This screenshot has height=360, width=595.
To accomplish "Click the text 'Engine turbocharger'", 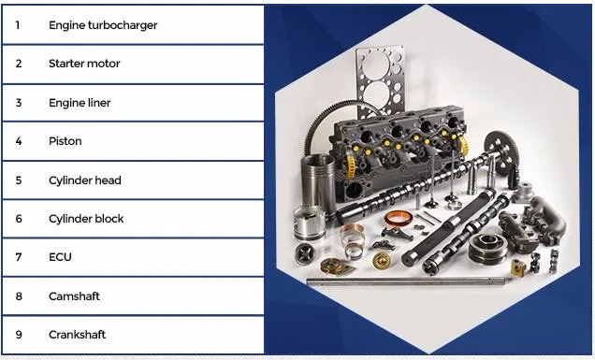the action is [x=103, y=25].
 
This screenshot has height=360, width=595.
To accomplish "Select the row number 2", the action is [x=19, y=64].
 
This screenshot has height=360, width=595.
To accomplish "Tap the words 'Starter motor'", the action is [x=84, y=64].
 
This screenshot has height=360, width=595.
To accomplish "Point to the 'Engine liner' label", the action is [x=80, y=103].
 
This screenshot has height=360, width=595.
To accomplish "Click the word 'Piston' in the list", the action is [x=65, y=141].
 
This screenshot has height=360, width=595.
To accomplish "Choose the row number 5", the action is [x=19, y=180].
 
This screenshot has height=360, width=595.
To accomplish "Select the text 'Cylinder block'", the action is [x=86, y=219].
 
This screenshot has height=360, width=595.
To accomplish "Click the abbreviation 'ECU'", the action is [x=60, y=257].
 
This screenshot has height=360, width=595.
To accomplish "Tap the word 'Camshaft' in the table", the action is [x=75, y=295].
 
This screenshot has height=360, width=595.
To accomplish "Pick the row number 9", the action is [x=19, y=335].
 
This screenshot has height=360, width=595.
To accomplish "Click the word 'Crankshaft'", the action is [x=78, y=335].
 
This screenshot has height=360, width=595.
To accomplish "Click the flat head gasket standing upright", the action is [x=380, y=79].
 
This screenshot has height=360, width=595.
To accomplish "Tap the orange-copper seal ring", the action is [x=399, y=219].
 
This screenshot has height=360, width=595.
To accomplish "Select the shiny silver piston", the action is [x=310, y=223].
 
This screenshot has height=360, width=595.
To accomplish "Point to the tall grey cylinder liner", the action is [x=318, y=182].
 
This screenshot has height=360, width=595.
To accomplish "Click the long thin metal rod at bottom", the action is [x=406, y=281].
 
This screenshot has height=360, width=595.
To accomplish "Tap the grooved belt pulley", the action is [x=487, y=248].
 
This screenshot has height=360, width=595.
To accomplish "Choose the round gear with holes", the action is [x=502, y=151].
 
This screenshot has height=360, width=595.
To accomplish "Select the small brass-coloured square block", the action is [x=518, y=267].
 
